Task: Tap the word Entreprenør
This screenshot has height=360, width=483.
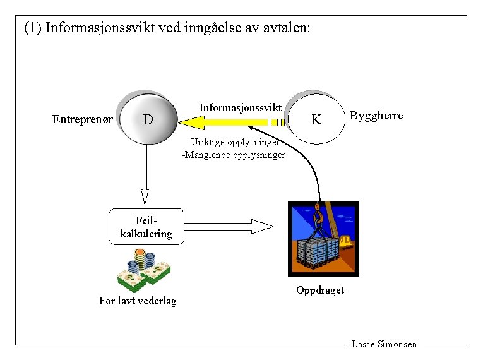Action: pos(83,119)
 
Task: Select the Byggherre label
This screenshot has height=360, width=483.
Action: pos(376,116)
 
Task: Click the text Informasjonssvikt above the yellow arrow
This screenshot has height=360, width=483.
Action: pos(240,107)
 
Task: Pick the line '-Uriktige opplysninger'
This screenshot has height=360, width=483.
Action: pos(233,142)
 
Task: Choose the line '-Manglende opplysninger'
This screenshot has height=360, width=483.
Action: pos(234,155)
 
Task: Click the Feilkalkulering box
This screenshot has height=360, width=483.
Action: pos(145,227)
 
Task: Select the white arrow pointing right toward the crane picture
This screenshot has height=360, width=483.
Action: pos(230,225)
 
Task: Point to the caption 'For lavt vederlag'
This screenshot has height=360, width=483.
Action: pos(138,301)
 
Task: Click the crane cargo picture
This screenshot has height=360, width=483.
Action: pos(323,238)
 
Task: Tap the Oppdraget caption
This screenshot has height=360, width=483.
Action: pos(320,290)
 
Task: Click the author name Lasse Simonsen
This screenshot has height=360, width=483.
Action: pos(384,344)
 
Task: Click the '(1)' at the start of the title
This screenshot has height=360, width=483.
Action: pos(32,28)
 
